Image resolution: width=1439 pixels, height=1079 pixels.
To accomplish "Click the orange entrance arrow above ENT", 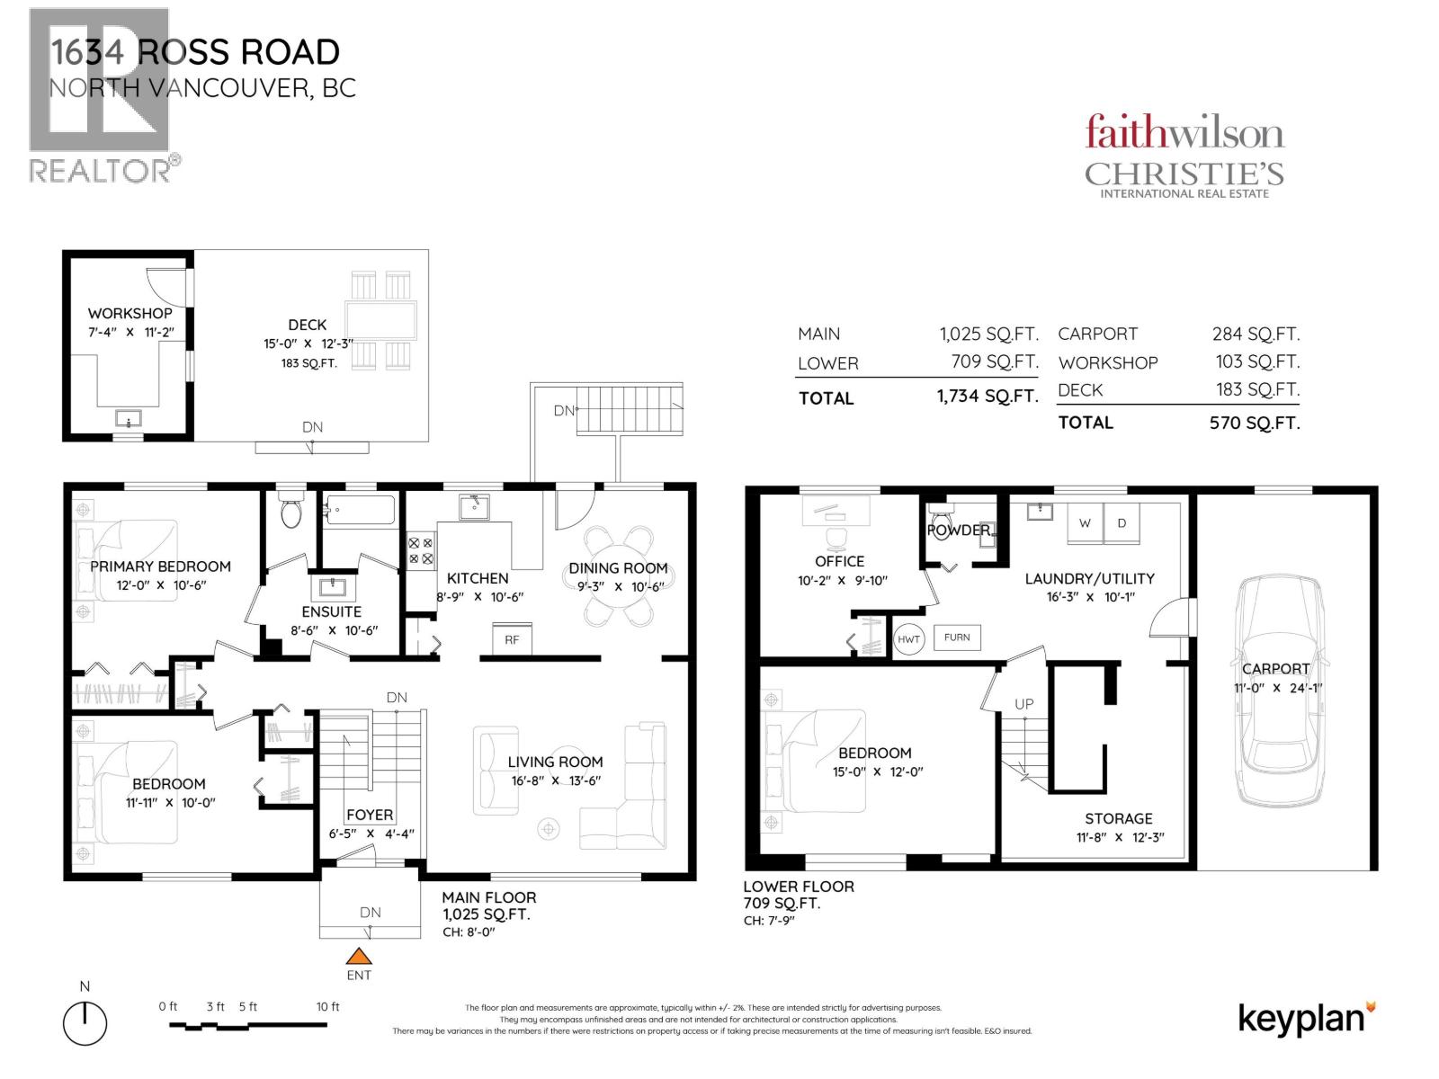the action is tap(359, 956).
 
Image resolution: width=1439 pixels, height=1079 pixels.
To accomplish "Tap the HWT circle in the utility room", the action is tap(908, 639).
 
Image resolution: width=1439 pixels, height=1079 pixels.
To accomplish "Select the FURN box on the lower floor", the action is tap(957, 638).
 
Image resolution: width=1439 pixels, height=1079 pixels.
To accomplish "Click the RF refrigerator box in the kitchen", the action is tap(512, 639).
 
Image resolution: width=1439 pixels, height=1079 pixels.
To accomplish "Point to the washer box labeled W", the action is tap(1085, 522).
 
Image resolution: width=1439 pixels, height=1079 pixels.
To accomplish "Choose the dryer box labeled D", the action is tap(1122, 522).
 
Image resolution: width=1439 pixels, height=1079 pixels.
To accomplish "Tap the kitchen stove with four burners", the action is tap(421, 551).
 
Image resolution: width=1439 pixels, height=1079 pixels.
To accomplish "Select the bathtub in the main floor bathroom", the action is tap(360, 511).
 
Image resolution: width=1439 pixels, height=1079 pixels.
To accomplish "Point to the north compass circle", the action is tap(85, 1023).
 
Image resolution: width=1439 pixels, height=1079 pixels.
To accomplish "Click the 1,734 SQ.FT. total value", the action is tap(988, 396).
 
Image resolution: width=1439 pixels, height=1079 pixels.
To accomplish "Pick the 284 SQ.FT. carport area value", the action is tap(1256, 334).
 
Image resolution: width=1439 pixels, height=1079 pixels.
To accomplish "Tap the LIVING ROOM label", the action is tap(555, 762).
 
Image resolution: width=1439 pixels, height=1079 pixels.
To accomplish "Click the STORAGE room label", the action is tap(1119, 818).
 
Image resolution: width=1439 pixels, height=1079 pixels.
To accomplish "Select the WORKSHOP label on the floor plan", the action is tap(130, 313).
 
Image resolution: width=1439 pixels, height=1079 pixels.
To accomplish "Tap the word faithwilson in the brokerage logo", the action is tap(1184, 132).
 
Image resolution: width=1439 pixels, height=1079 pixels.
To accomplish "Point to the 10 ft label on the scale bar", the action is tap(327, 1006).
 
